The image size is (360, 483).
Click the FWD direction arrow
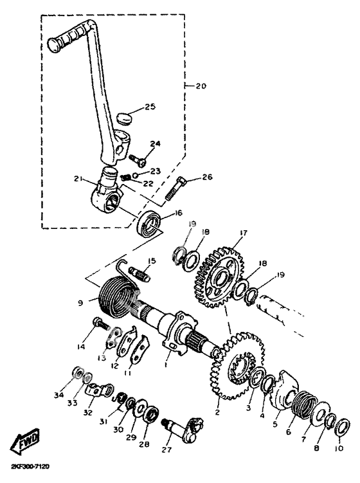pos(25,440)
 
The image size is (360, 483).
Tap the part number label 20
pos(201,86)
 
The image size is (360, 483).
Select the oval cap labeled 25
pos(125,118)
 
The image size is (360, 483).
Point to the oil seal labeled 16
pos(150,223)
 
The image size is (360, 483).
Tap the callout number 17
pos(243,233)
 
